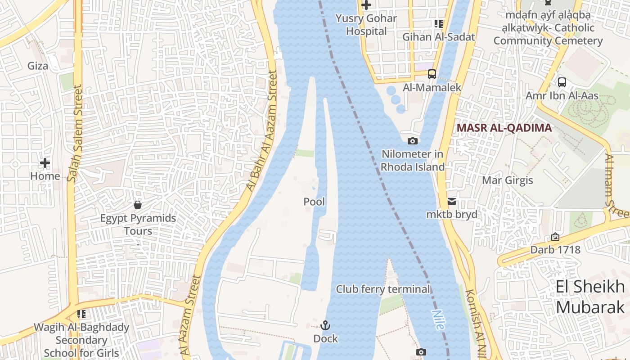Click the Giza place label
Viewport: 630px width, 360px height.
click(x=38, y=66)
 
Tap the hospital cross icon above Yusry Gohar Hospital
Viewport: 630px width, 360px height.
click(x=366, y=5)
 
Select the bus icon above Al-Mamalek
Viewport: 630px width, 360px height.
click(x=432, y=74)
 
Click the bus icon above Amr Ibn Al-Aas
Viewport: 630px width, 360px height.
click(x=562, y=82)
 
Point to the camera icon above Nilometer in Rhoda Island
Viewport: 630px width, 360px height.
click(x=412, y=141)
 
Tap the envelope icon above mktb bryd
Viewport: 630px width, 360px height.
click(x=451, y=202)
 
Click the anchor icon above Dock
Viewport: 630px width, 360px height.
click(x=325, y=325)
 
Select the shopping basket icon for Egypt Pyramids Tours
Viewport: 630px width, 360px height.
click(x=138, y=205)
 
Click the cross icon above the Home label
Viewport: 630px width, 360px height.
click(x=45, y=163)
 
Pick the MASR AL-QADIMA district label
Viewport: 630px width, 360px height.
click(x=504, y=128)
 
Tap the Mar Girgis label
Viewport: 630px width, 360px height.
click(x=507, y=180)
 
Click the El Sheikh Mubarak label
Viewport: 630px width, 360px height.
click(x=590, y=297)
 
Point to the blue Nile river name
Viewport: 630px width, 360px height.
click(x=438, y=319)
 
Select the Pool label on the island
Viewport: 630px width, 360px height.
click(x=314, y=202)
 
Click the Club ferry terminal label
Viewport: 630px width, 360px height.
click(x=383, y=289)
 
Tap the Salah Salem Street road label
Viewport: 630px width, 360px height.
click(x=75, y=134)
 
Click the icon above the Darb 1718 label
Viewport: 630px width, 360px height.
click(x=555, y=237)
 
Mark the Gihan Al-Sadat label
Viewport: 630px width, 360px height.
click(x=439, y=37)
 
